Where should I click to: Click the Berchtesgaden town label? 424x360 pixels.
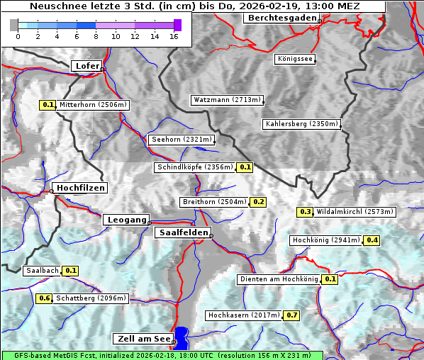(281, 18)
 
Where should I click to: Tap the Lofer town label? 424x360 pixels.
(87, 66)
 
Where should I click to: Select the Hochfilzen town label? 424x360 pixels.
(80, 188)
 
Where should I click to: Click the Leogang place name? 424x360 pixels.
(127, 220)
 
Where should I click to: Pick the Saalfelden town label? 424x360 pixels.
(182, 232)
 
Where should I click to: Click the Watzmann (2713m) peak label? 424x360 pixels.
(227, 100)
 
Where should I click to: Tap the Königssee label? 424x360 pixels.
(295, 59)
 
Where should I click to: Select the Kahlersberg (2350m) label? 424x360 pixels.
(301, 124)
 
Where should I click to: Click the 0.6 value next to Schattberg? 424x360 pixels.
(45, 298)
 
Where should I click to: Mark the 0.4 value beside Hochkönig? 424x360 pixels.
(372, 240)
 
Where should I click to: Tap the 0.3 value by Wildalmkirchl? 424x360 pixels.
(305, 212)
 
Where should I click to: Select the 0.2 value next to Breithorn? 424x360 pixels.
(259, 202)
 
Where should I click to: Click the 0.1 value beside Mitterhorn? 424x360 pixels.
(48, 105)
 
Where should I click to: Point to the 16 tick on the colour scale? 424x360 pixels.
(174, 36)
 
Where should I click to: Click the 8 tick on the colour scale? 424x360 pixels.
(96, 36)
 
